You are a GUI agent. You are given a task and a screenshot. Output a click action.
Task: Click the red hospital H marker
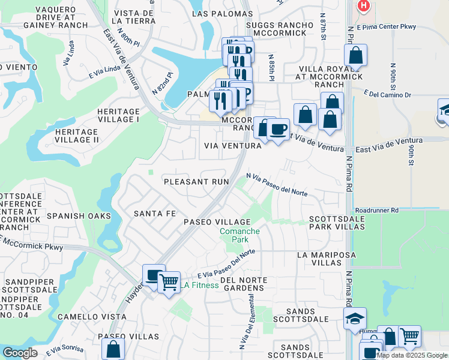(363, 6)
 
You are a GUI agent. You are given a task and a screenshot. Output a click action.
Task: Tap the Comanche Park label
(240, 235)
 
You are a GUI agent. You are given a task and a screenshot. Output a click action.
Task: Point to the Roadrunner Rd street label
(376, 211)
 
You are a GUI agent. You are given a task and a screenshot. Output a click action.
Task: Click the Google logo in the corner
(19, 353)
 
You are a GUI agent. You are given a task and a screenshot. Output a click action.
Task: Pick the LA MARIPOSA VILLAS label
(327, 259)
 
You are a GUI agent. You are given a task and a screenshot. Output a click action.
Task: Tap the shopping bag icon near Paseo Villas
(113, 349)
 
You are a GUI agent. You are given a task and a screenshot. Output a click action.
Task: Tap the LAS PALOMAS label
(215, 13)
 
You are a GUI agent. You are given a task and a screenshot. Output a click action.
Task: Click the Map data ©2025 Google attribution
(412, 355)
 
